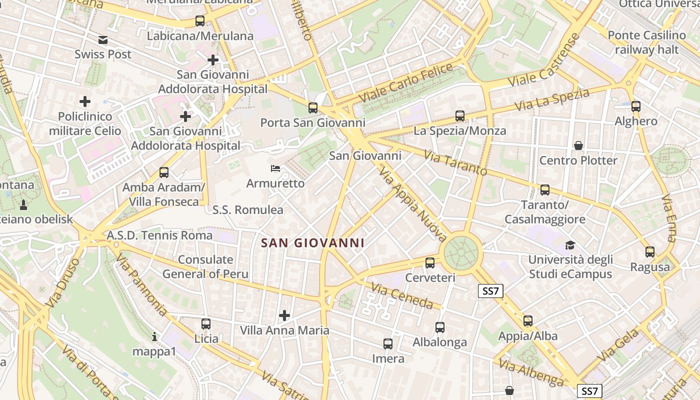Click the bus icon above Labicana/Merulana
pos(200,21)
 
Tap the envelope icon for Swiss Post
pos(103,40)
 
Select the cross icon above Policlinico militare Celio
pos(85,101)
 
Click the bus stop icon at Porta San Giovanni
pos(313,107)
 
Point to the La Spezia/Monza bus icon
pos(460,116)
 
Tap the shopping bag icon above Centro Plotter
pos(578,145)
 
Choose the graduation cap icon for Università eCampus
pos(570,245)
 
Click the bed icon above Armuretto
pos(275,168)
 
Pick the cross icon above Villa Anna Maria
pos(284,315)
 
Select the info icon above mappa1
pos(154,337)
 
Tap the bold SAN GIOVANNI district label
pos(312,243)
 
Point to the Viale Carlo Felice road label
pos(405,82)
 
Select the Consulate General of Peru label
pos(205,266)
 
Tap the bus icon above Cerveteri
pos(430,262)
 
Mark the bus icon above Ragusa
pos(650,252)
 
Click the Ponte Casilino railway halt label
pos(646,42)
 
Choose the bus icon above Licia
pos(206,324)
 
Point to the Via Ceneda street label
pos(401,295)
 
